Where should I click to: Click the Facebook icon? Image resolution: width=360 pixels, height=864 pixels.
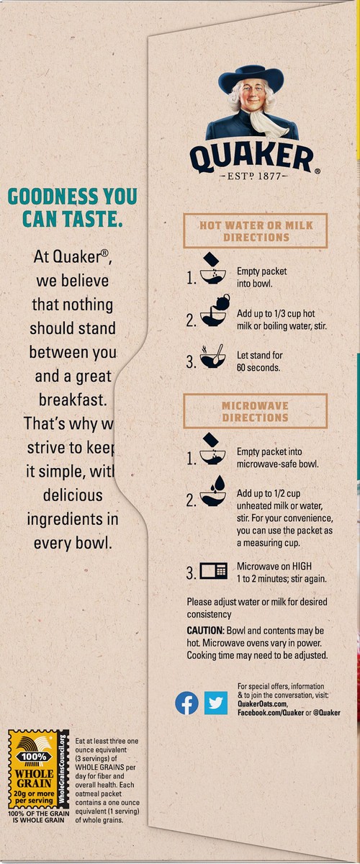186,703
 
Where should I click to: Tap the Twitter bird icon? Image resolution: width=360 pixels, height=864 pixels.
216,703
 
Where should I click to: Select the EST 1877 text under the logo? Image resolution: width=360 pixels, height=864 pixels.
253,176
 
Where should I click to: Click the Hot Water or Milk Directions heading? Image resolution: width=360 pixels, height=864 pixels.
256,230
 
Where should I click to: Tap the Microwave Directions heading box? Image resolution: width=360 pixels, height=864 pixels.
256,411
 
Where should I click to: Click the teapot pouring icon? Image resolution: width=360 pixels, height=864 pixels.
215,310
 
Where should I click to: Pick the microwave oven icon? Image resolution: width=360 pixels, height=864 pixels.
213,571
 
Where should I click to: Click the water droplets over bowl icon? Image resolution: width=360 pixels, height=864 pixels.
213,490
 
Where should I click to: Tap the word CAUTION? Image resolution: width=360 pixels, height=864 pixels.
205,631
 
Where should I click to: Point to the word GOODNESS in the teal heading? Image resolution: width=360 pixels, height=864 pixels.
53,196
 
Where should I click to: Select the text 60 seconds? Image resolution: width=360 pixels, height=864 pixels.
258,368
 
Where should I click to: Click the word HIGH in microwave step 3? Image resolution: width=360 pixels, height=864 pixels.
302,566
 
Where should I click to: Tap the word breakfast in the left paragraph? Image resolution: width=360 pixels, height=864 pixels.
73,400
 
